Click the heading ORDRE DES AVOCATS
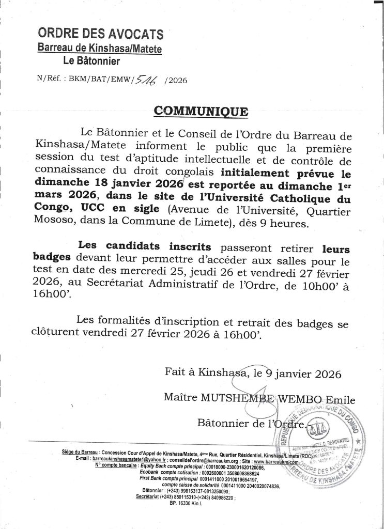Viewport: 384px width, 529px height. pos(101,35)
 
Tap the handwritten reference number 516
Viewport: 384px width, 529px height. pos(147,79)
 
